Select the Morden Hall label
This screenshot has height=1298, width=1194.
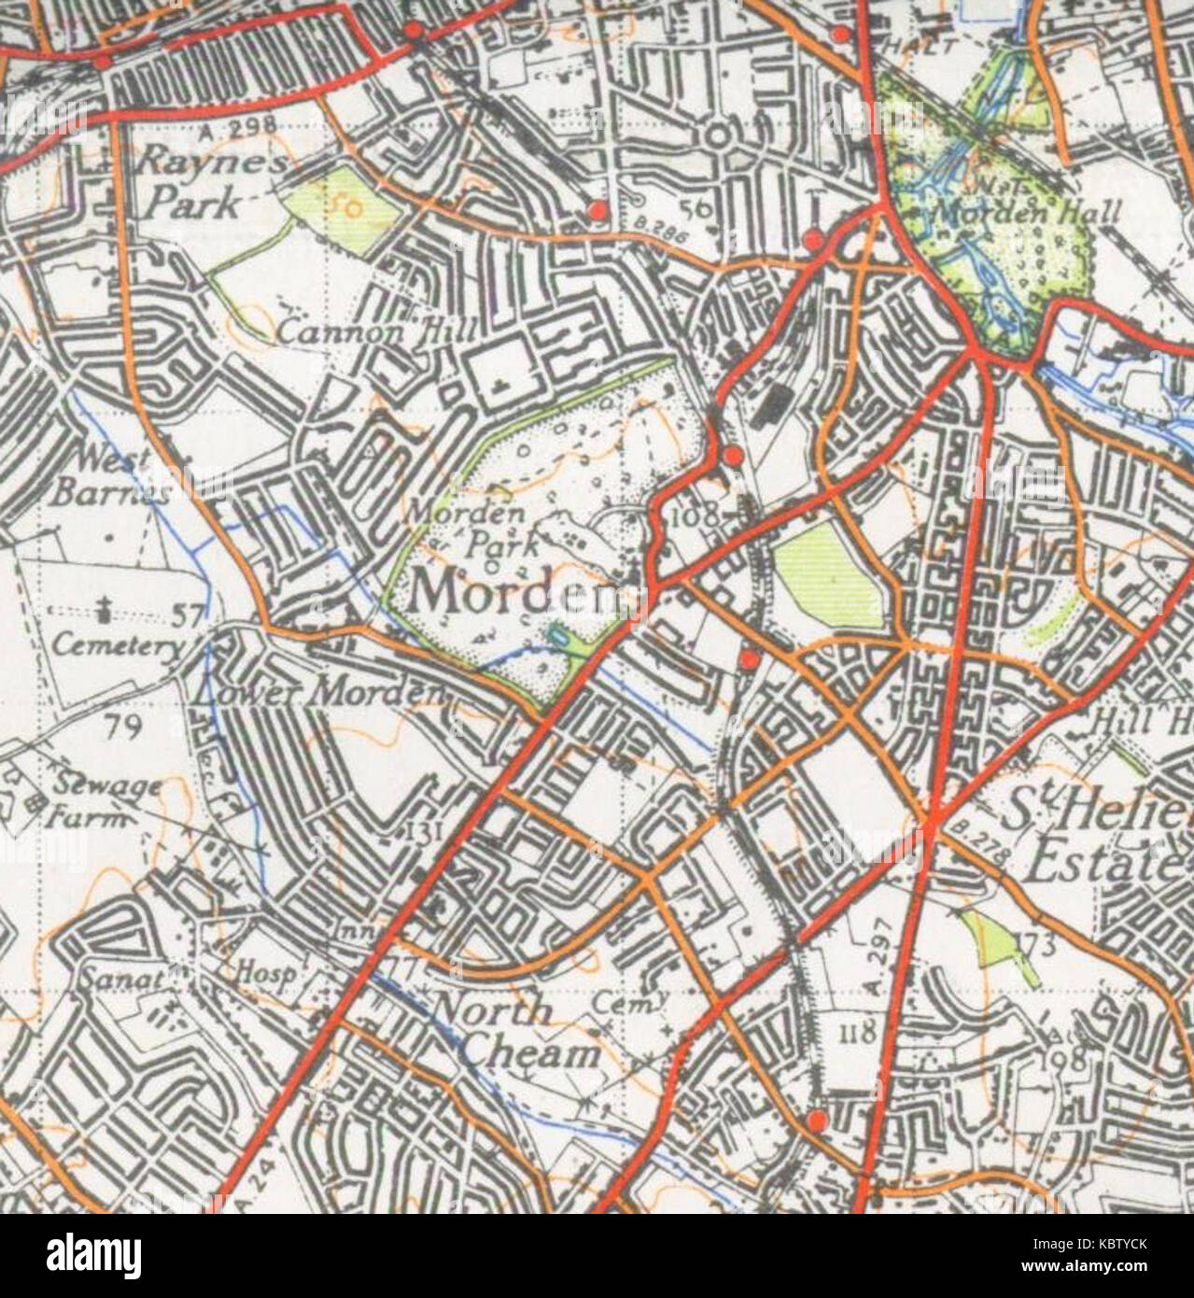click(1028, 213)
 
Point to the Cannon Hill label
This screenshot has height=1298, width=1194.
click(378, 330)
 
